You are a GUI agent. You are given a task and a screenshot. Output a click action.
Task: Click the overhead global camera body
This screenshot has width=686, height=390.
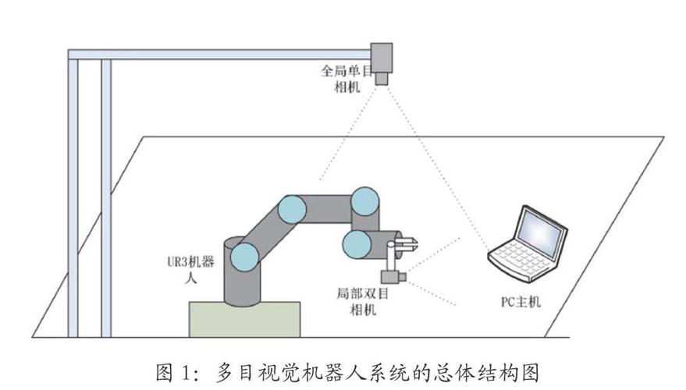tap(382, 56)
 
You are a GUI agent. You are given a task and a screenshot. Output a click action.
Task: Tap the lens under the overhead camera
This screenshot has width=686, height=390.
tap(382, 78)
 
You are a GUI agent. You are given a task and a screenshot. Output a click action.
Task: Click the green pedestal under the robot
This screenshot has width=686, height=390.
tap(244, 319)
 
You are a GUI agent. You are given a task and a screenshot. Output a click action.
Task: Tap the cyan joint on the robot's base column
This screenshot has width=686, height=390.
tap(244, 255)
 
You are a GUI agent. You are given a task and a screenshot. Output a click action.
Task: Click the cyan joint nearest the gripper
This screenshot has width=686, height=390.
tap(356, 243)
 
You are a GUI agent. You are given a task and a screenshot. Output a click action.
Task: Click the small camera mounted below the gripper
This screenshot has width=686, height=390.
tap(391, 277)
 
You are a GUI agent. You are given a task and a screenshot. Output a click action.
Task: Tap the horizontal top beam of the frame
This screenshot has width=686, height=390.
tap(219, 55)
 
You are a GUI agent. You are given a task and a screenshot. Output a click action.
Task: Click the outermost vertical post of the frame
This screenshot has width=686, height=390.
tap(73, 195)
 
